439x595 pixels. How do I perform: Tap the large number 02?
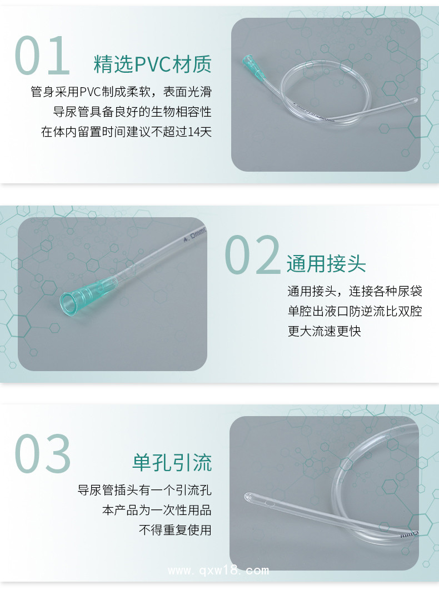(252, 254)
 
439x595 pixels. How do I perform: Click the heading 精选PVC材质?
(153, 64)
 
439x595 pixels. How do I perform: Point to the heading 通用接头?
(326, 263)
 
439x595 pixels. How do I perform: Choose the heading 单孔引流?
(172, 462)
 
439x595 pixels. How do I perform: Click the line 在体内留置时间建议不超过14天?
(127, 132)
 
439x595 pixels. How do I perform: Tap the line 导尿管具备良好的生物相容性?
(132, 112)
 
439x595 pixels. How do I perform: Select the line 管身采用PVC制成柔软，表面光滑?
(121, 92)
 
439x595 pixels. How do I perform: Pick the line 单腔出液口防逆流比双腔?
(355, 311)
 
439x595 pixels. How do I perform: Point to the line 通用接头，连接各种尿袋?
(355, 291)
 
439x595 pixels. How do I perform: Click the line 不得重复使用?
(175, 530)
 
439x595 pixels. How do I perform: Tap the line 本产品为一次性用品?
(157, 510)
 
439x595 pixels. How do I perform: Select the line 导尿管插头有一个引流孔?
(144, 490)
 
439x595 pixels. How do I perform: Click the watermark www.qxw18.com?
(218, 571)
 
